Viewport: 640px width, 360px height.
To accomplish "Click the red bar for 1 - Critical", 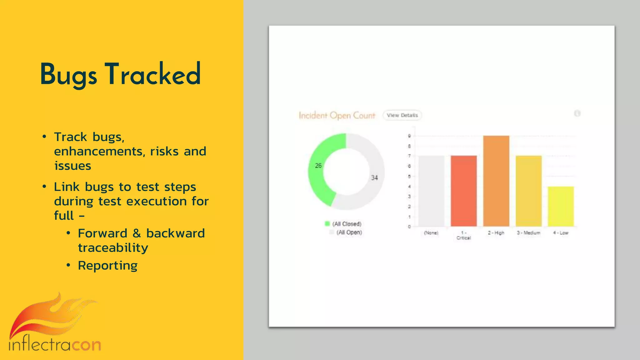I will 464,191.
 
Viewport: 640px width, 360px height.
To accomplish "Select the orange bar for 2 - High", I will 496,181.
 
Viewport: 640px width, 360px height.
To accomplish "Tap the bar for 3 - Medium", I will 528,191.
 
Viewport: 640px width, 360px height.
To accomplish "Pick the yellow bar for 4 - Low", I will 561,207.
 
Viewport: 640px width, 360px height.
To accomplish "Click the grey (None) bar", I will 431,191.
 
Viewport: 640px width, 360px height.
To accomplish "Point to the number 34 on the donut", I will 374,178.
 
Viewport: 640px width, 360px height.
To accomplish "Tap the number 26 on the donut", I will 318,166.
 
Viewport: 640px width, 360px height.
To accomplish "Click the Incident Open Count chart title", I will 337,116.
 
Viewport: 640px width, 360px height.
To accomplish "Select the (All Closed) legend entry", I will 347,224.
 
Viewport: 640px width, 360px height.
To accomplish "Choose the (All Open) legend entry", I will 349,232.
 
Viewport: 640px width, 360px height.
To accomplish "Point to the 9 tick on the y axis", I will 409,136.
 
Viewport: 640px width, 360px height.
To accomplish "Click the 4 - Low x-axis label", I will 561,233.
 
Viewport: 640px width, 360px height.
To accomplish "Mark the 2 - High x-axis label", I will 496,233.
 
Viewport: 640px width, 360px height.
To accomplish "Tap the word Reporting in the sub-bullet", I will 107,266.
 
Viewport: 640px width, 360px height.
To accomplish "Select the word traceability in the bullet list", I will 113,248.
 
